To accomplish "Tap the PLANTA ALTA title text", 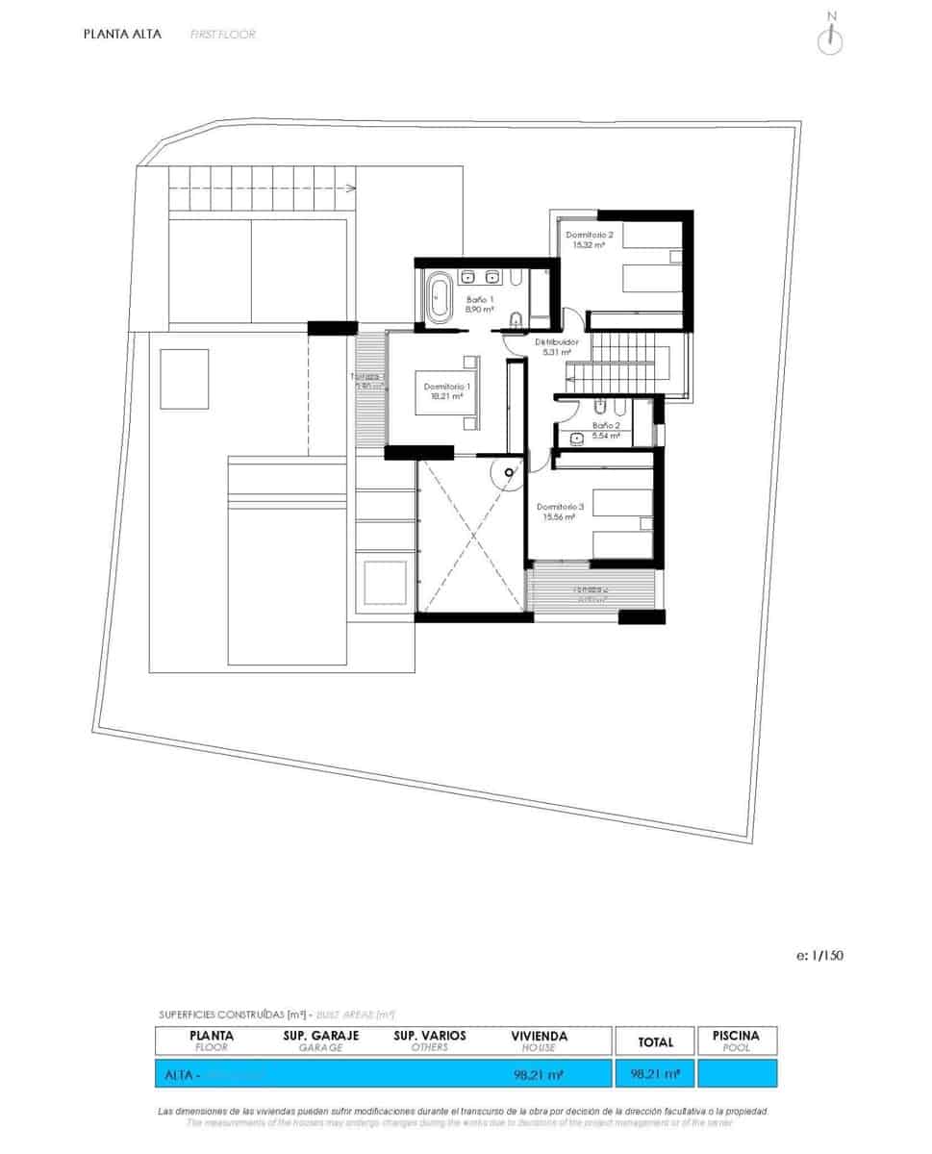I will point(122,34).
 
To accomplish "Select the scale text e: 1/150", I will point(820,955).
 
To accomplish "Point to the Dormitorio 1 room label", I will point(446,387).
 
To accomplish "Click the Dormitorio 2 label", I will point(590,235).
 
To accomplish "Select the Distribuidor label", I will point(557,341).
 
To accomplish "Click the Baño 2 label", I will point(606,424).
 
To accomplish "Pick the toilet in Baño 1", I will point(516,319).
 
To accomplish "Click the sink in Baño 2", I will point(577,439).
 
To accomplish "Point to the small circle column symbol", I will point(503,471).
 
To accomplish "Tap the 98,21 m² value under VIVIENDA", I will point(539,1073).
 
